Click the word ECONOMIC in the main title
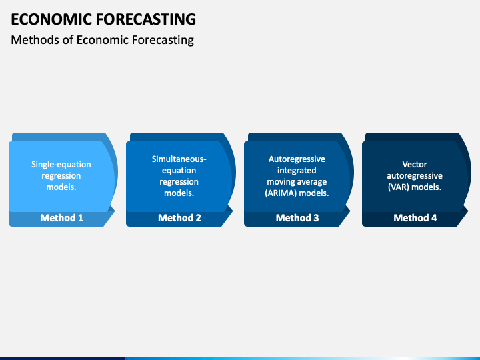coord(51,19)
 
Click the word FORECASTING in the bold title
coord(146,19)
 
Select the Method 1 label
coord(62,217)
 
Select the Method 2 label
coord(180,217)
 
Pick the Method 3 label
coord(297,217)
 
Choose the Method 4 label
coord(415,217)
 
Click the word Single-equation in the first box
coord(61,165)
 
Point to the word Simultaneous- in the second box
coord(179,159)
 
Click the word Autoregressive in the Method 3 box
coord(297,159)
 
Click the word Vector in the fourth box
coord(415,165)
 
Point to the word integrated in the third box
coord(297,171)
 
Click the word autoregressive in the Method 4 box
coord(415,176)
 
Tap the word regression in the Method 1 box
coord(61,176)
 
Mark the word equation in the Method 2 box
coord(179,171)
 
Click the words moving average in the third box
coord(297,182)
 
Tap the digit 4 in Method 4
coord(434,218)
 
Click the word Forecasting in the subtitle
coord(163,40)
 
